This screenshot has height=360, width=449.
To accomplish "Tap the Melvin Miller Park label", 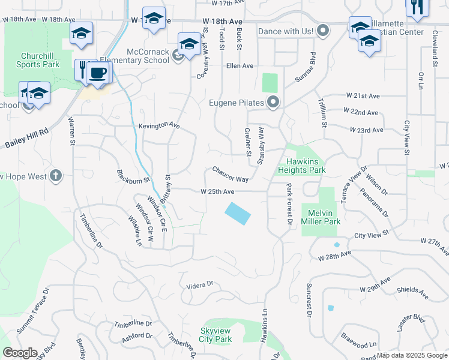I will (x=324, y=217).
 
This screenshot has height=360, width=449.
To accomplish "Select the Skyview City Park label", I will (x=215, y=335).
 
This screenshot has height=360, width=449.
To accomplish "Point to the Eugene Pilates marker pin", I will (x=274, y=103).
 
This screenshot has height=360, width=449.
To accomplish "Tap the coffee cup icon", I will (x=97, y=73).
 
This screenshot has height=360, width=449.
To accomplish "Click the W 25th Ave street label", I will (x=217, y=192).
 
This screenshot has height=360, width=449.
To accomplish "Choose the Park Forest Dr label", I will (x=289, y=205).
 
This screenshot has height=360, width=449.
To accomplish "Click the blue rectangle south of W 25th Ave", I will (x=238, y=213).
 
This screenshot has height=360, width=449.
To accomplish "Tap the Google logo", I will (x=20, y=353).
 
